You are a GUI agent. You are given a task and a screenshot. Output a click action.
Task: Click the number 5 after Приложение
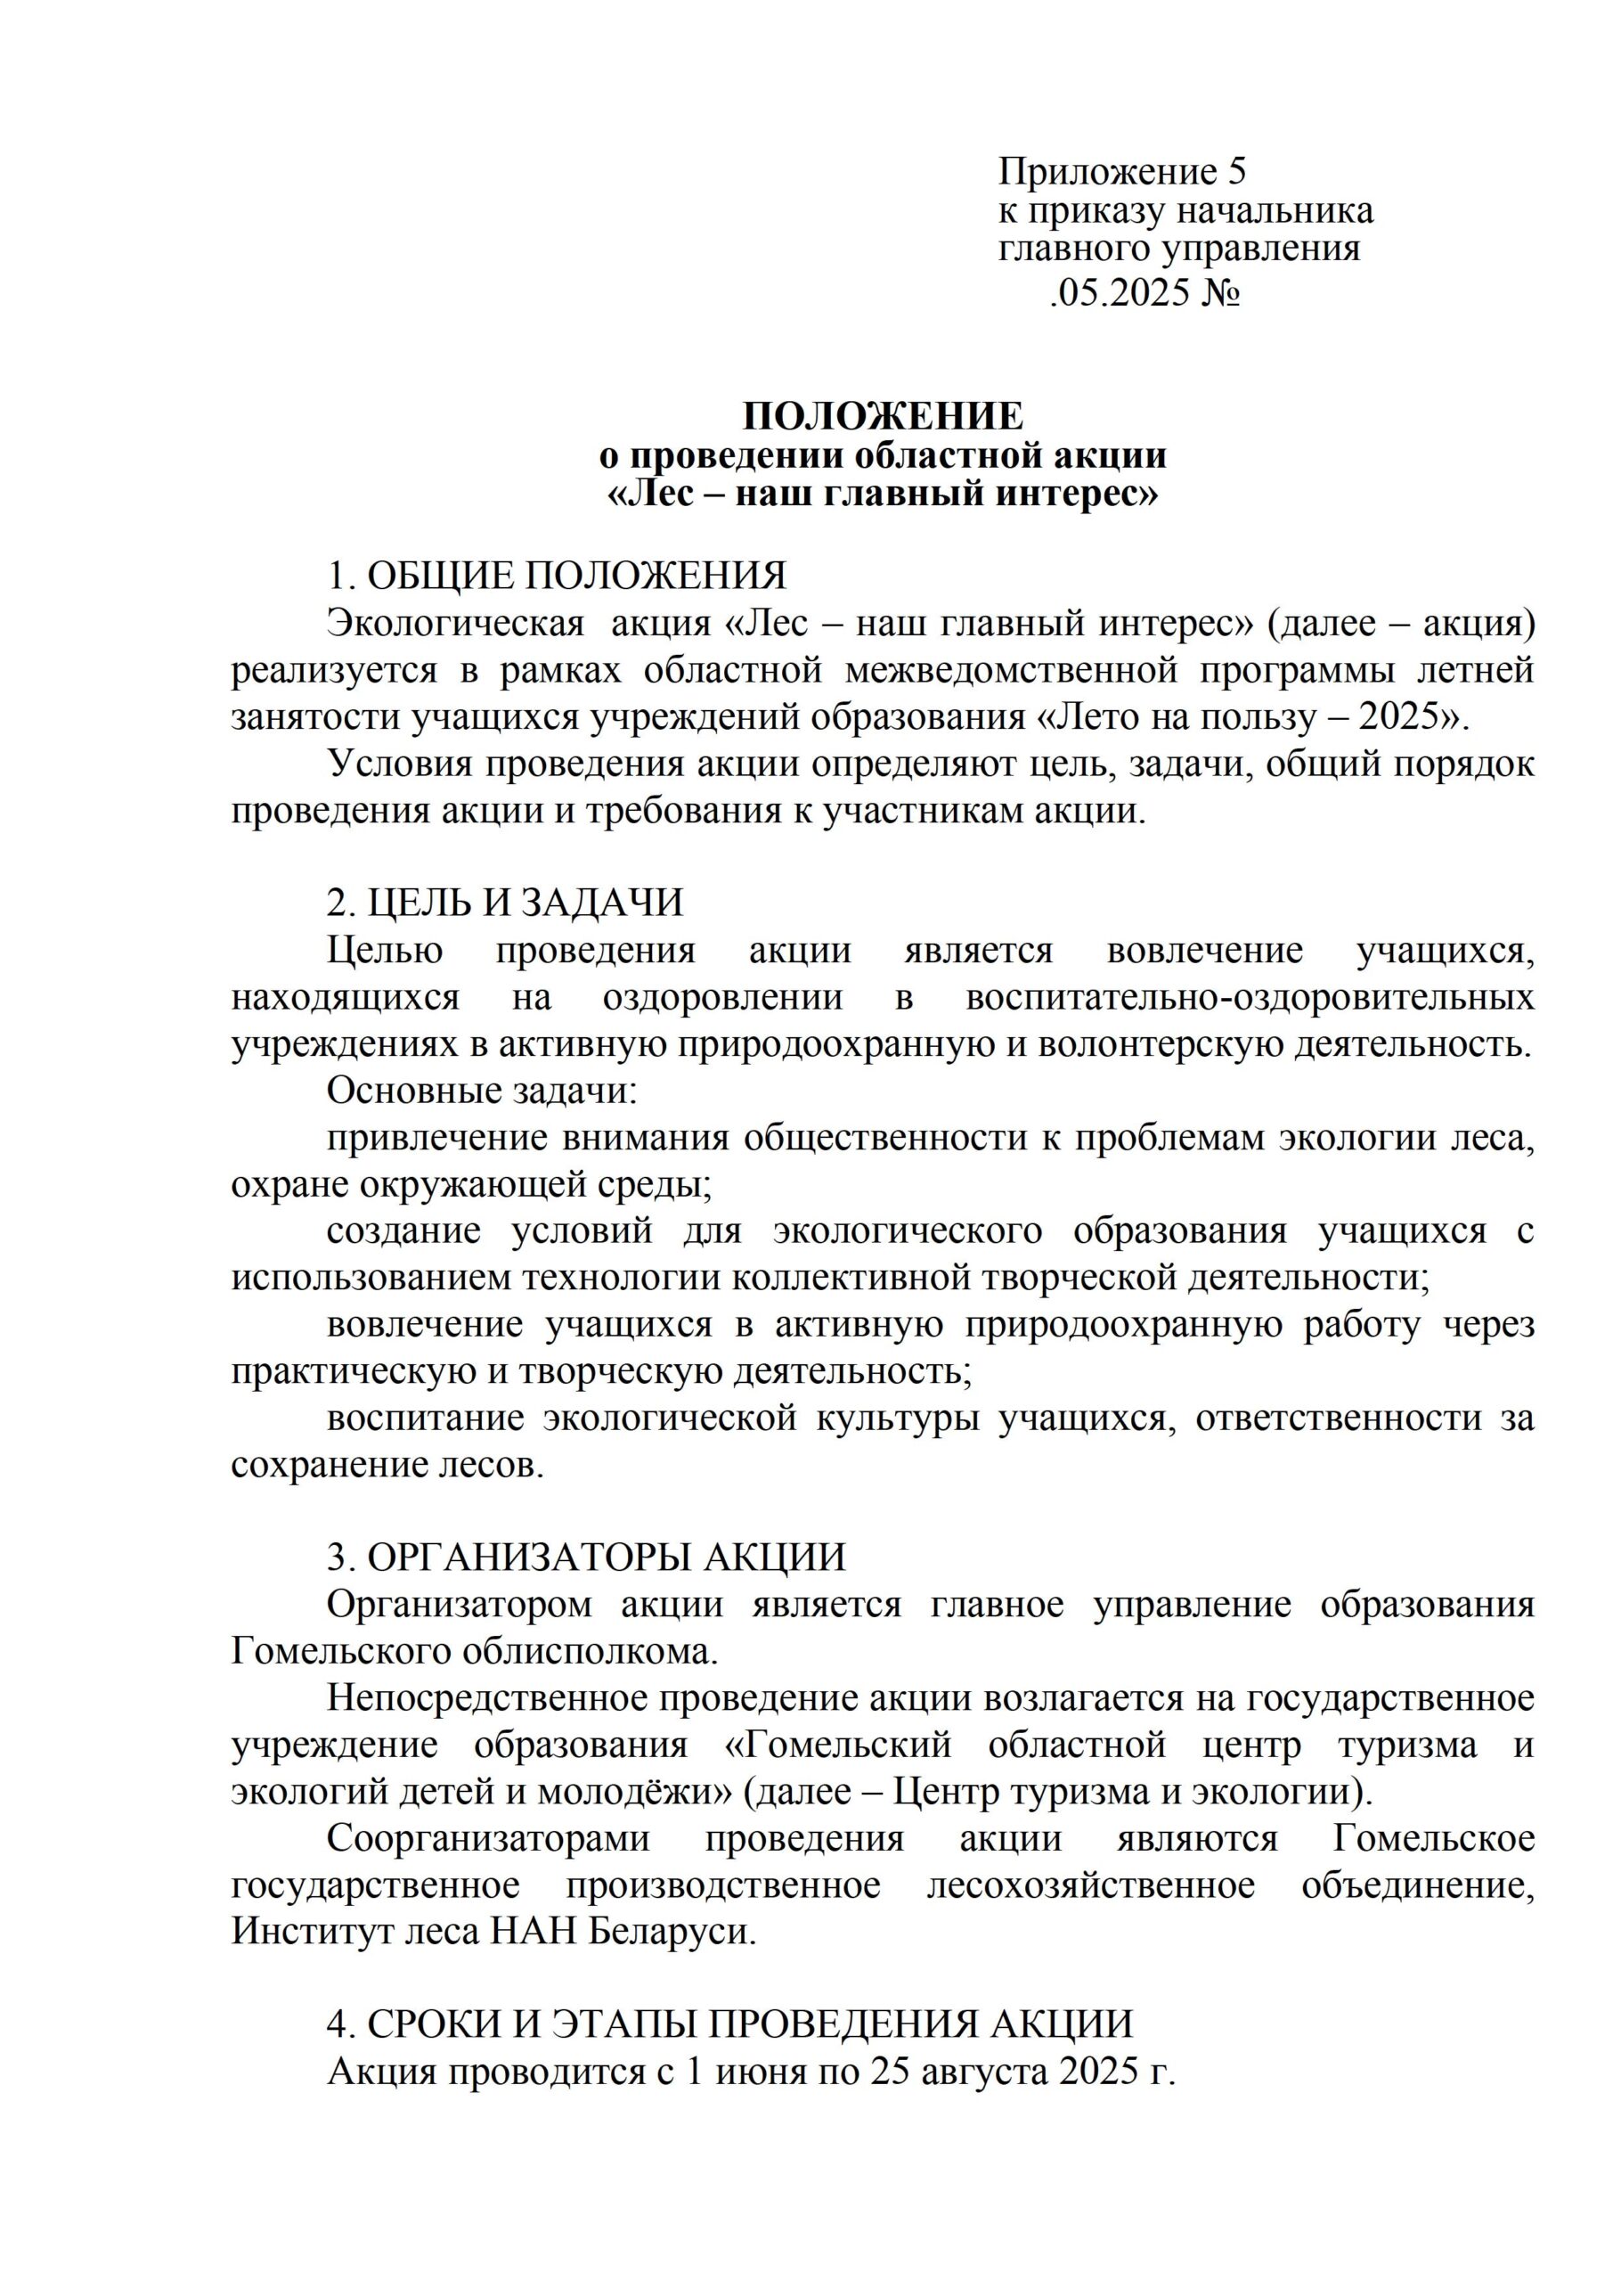(1235, 173)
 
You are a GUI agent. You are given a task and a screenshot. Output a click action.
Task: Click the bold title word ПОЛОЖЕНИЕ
(883, 416)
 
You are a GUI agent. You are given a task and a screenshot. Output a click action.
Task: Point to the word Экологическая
(456, 624)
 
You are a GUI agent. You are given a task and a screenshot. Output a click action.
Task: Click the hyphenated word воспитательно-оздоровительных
(1250, 997)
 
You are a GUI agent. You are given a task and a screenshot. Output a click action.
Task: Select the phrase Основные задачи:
(482, 1091)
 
